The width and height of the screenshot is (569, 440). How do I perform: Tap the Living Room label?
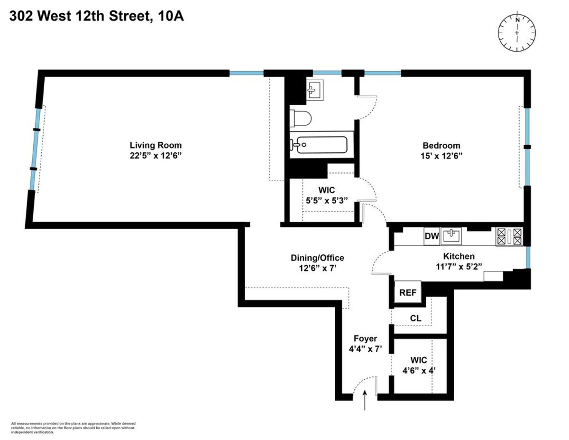pyautogui.click(x=156, y=145)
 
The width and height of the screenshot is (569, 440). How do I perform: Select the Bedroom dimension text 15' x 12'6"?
pyautogui.click(x=441, y=155)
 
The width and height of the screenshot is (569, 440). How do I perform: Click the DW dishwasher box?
pyautogui.click(x=431, y=236)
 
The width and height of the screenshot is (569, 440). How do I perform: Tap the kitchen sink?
pyautogui.click(x=454, y=235)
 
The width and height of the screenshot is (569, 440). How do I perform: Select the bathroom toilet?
pyautogui.click(x=300, y=118)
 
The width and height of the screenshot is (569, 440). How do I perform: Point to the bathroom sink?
pyautogui.click(x=315, y=90)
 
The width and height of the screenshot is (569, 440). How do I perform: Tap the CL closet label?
pyautogui.click(x=415, y=318)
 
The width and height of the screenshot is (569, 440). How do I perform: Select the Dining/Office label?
pyautogui.click(x=317, y=258)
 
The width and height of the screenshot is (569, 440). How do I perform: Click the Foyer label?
pyautogui.click(x=365, y=338)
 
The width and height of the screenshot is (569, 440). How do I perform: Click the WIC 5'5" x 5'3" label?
pyautogui.click(x=327, y=195)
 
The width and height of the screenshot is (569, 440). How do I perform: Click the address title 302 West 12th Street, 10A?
pyautogui.click(x=96, y=17)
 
